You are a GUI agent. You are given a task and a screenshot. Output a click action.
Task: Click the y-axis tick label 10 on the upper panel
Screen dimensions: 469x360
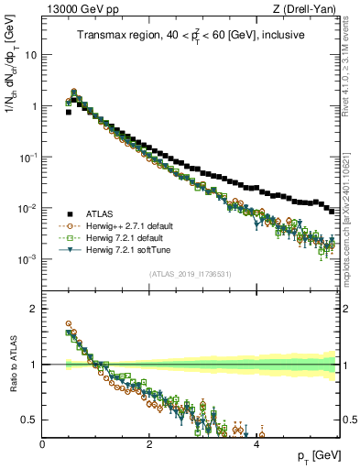(29, 54)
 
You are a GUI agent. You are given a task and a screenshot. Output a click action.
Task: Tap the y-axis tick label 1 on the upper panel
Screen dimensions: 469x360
(32, 106)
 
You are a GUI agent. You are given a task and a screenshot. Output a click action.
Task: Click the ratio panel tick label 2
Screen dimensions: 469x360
(33, 309)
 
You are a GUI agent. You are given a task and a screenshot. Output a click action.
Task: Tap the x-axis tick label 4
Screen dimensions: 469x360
(256, 443)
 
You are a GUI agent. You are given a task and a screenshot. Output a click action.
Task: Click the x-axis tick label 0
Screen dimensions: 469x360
(42, 443)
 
